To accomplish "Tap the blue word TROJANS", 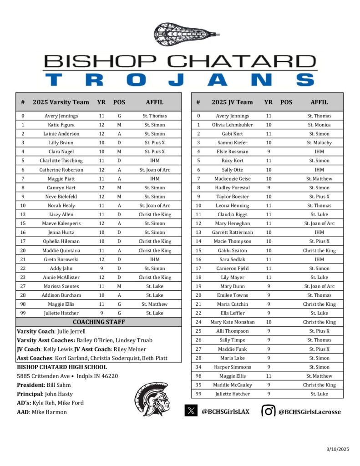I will (180, 80).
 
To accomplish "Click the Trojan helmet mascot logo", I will (152, 399).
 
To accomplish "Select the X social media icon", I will (191, 410).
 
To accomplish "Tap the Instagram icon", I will (269, 411).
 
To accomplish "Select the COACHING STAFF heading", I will (99, 322).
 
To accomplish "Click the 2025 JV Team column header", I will (232, 102).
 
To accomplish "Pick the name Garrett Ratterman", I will (232, 233).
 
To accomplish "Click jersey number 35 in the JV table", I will (198, 385).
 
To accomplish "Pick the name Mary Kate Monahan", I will (232, 322).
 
